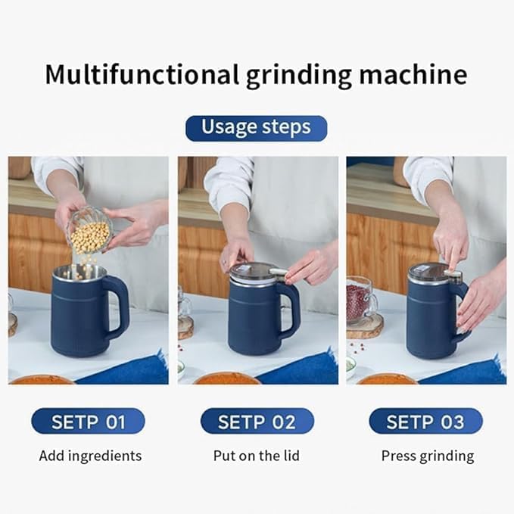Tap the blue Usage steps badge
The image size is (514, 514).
click(x=256, y=128)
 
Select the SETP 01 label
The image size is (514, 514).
click(x=88, y=422)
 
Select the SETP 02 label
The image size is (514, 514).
click(x=257, y=422)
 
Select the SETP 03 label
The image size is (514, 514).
click(x=425, y=422)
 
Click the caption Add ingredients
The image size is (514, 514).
click(x=90, y=456)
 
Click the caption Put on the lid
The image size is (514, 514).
click(x=257, y=456)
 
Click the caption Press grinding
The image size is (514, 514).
click(x=427, y=456)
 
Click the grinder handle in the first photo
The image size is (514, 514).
click(x=119, y=307)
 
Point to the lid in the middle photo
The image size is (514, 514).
click(x=253, y=272)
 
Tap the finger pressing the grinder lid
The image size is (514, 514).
click(x=454, y=262)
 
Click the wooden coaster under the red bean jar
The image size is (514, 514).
click(x=364, y=327)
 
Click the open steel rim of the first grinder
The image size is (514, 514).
click(x=79, y=272)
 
